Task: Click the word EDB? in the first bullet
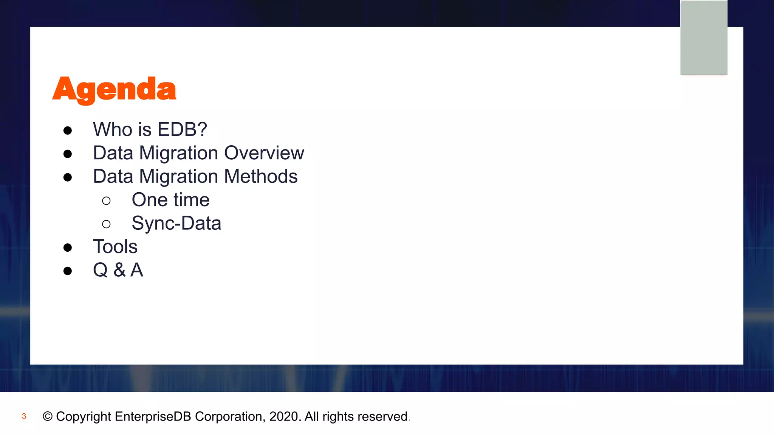[x=182, y=129]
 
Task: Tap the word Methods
[x=261, y=176]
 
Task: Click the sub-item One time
[x=170, y=200]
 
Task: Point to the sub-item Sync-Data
[x=176, y=223]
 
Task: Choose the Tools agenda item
[x=115, y=247]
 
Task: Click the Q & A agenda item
[x=118, y=270]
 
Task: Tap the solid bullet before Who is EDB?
[x=68, y=131]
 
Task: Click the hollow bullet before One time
[x=106, y=201]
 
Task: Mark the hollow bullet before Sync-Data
[x=106, y=224]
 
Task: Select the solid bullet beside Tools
[x=68, y=248]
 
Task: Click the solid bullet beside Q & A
[x=68, y=271]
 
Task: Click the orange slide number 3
[x=24, y=417]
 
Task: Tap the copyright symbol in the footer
[x=48, y=417]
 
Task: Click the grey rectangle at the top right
[x=704, y=38]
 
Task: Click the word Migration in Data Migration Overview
[x=179, y=154]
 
